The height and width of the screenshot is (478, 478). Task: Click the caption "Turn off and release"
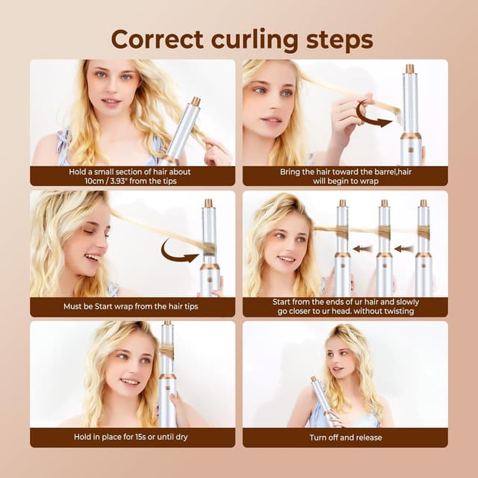(x=344, y=437)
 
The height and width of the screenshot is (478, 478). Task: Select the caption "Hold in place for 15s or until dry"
(x=132, y=437)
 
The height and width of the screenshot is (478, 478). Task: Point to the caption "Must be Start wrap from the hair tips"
(x=132, y=307)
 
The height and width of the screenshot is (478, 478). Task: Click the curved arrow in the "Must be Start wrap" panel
(x=179, y=250)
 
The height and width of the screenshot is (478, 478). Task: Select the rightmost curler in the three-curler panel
(x=423, y=250)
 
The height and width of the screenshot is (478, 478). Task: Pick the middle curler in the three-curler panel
(x=384, y=250)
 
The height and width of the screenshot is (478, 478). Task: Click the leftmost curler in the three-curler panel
(x=343, y=250)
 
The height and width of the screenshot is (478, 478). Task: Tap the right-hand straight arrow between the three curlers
(x=404, y=249)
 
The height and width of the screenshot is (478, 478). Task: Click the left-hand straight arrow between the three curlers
(x=364, y=249)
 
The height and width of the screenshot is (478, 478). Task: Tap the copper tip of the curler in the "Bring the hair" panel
(x=409, y=69)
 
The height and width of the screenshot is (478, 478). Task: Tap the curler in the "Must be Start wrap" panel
(x=210, y=246)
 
